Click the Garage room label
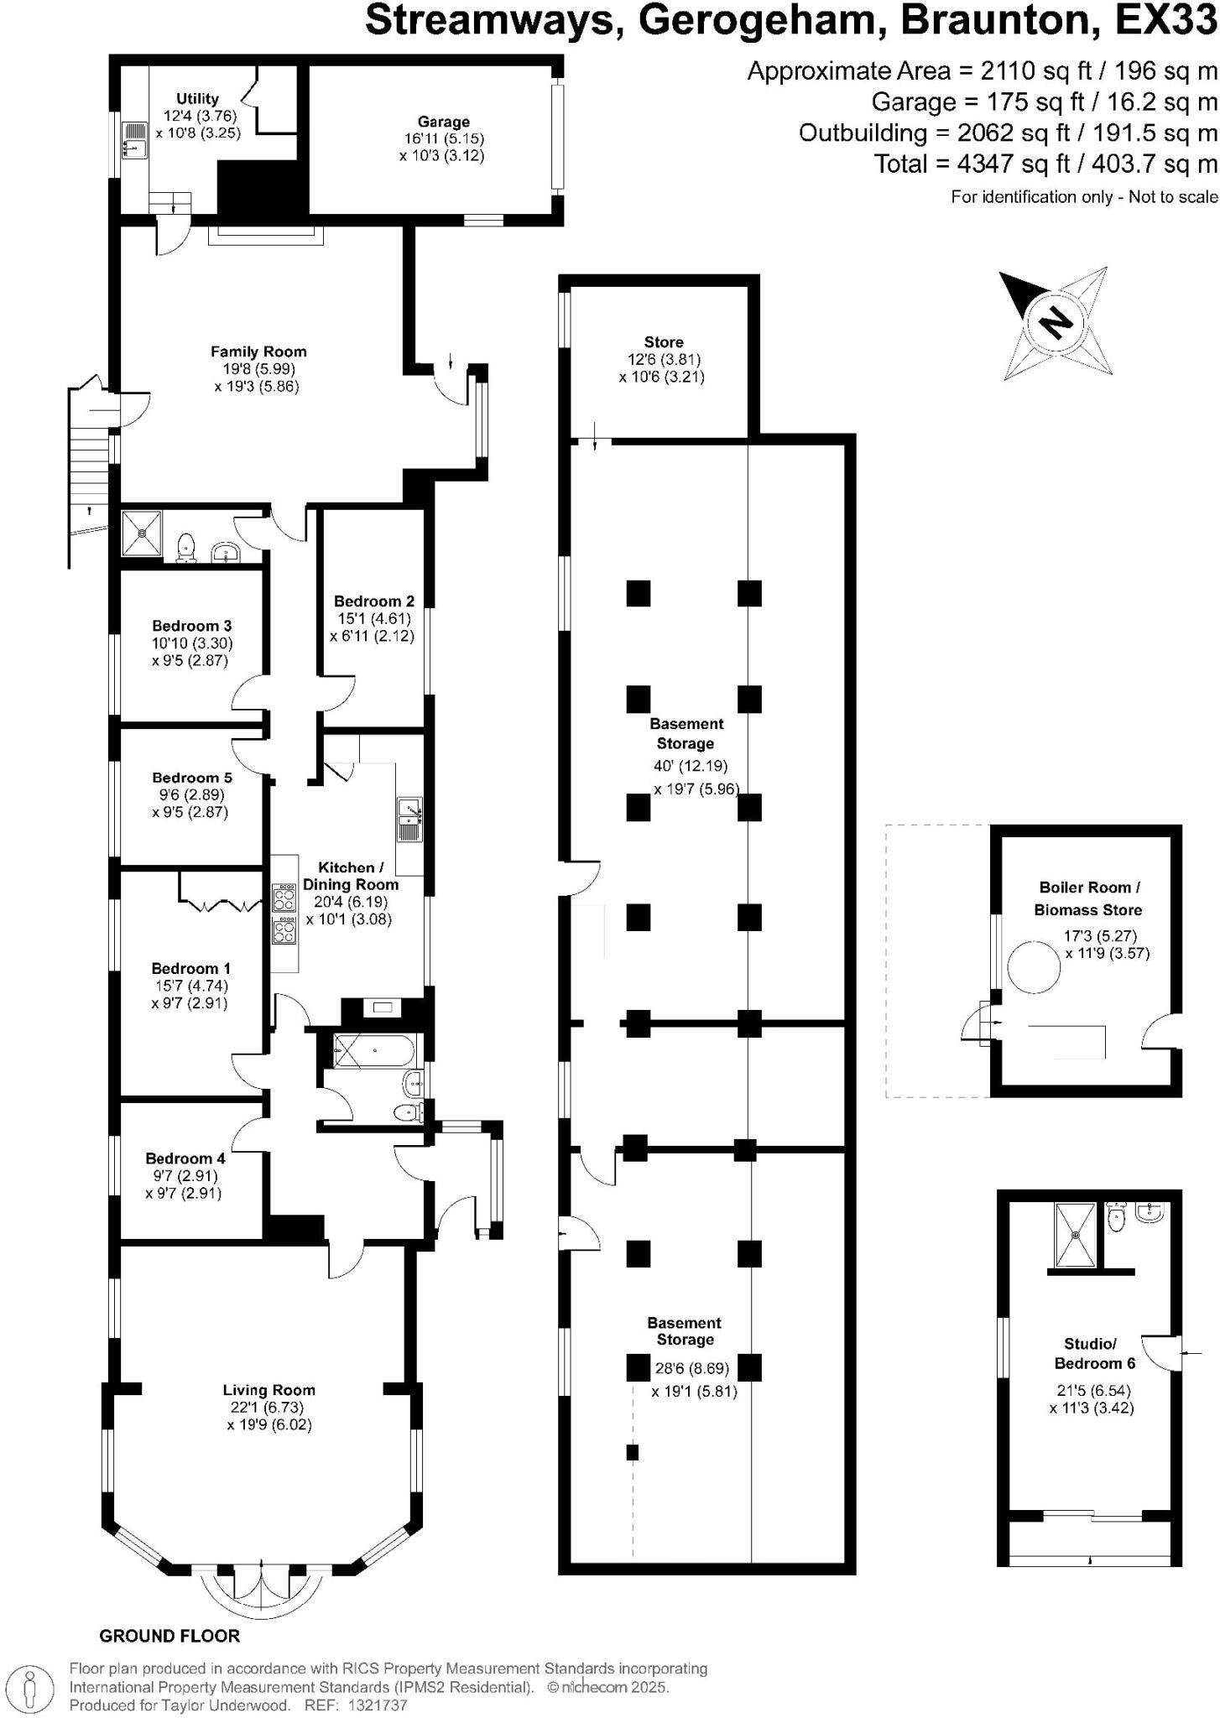click(x=443, y=122)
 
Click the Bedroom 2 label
click(x=373, y=601)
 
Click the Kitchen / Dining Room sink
click(x=409, y=818)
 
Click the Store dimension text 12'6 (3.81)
click(x=663, y=360)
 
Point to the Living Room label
click(x=269, y=1390)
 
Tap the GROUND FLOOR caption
click(x=169, y=1636)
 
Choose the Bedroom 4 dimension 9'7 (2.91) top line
click(x=184, y=1175)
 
